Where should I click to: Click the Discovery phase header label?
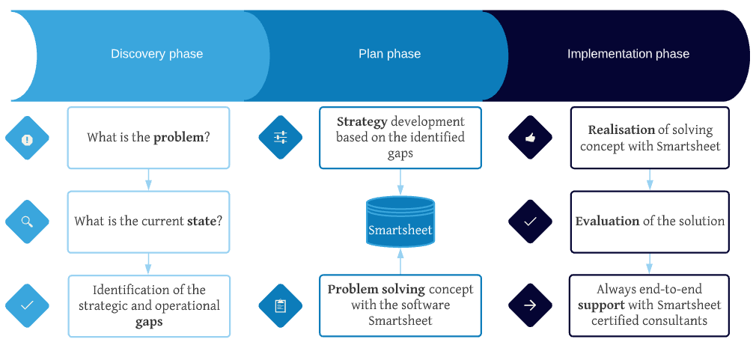157,53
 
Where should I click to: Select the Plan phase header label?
389,53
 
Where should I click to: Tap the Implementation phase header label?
628,53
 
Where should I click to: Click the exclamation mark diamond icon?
28,138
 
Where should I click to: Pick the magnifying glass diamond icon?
28,222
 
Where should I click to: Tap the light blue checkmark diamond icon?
28,305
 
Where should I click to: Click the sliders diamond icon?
281,137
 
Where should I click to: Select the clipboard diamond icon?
281,306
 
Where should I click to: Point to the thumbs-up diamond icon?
530,137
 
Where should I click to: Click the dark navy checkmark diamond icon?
530,222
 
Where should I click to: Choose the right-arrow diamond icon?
530,305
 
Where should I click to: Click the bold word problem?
179,138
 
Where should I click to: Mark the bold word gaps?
148,322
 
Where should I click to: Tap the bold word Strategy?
362,122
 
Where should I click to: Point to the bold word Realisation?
621,130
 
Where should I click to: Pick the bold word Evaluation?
607,222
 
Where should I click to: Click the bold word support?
601,306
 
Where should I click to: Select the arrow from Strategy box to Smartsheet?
400,182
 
